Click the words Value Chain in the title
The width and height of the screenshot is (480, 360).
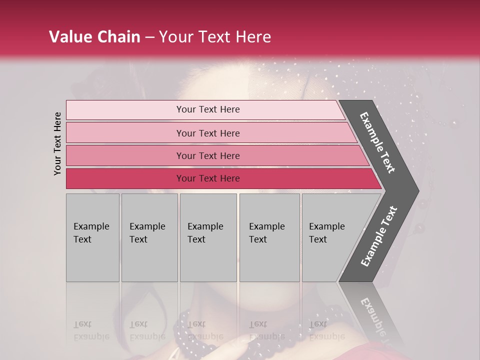pyautogui.click(x=94, y=37)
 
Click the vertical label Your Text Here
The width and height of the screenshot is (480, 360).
pyautogui.click(x=58, y=143)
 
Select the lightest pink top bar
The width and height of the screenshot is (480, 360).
pyautogui.click(x=125, y=110)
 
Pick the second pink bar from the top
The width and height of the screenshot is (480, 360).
pyautogui.click(x=125, y=133)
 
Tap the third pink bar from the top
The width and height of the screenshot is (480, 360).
pyautogui.click(x=125, y=155)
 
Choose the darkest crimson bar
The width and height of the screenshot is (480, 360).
pyautogui.click(x=125, y=178)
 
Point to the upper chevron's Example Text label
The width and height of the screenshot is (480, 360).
pyautogui.click(x=377, y=142)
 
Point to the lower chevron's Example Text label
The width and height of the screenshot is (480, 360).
pyautogui.click(x=378, y=236)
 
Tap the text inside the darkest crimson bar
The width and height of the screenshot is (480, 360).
pyautogui.click(x=208, y=178)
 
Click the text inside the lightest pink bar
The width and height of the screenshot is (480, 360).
pyautogui.click(x=208, y=109)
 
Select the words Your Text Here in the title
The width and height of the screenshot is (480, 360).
pyautogui.click(x=215, y=37)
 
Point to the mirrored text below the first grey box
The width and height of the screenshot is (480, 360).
pyautogui.click(x=91, y=330)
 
